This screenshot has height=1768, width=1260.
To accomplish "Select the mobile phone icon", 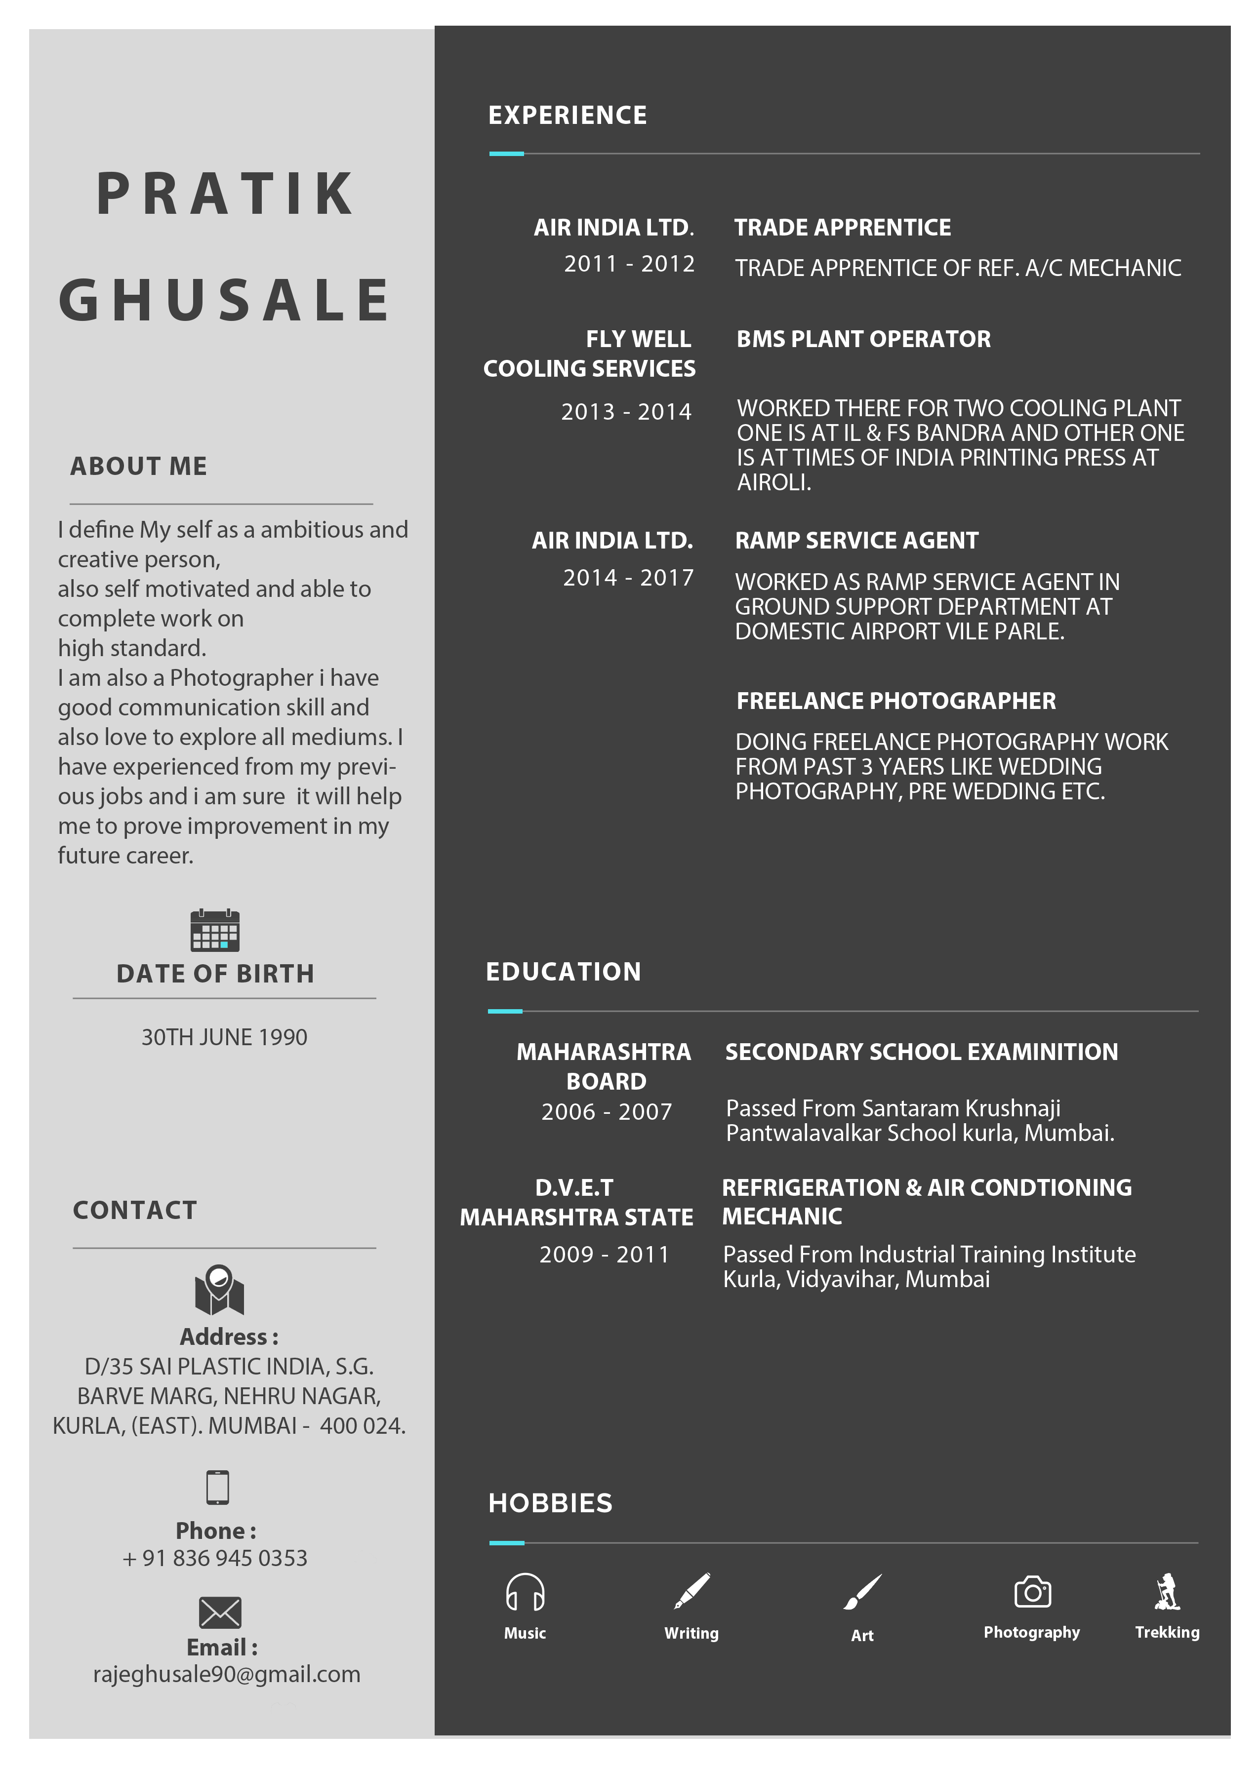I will pyautogui.click(x=217, y=1487).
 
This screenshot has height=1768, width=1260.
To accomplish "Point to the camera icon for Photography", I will pyautogui.click(x=1032, y=1592).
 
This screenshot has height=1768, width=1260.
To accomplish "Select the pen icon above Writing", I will pyautogui.click(x=691, y=1591).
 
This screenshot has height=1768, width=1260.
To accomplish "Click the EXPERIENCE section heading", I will pyautogui.click(x=567, y=116).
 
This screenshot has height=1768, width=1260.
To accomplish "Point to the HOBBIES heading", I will pyautogui.click(x=550, y=1503).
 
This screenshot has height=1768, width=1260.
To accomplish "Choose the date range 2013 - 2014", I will pyautogui.click(x=626, y=412).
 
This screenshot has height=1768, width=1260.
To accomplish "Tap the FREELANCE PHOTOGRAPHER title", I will pyautogui.click(x=895, y=701).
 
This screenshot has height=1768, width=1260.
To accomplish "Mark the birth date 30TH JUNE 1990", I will pyautogui.click(x=224, y=1037).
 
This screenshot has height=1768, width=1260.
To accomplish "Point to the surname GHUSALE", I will pyautogui.click(x=225, y=301).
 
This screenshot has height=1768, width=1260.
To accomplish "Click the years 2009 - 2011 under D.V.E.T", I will pyautogui.click(x=605, y=1254).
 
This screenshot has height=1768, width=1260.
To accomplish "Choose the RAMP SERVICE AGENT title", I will pyautogui.click(x=856, y=541).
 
